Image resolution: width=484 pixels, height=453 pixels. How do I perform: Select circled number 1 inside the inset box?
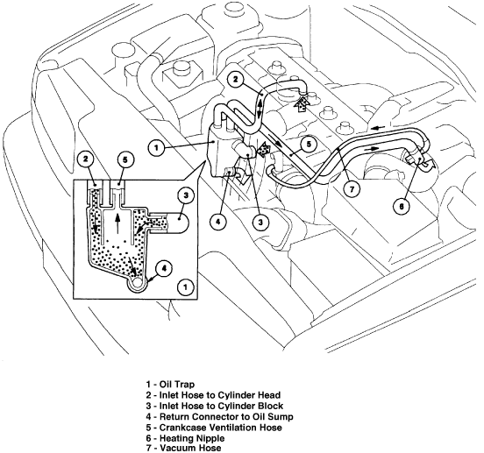coord(182,287)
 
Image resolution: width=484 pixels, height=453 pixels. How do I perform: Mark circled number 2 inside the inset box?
coord(84,159)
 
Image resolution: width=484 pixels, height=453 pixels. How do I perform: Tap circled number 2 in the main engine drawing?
coord(235,80)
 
